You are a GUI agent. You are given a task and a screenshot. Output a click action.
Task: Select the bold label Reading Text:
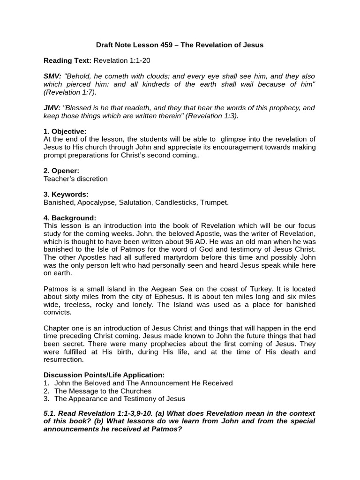(x=67, y=60)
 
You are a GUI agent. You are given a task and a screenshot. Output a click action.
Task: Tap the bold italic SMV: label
(x=52, y=76)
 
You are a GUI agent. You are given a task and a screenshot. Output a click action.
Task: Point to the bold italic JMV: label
(x=52, y=108)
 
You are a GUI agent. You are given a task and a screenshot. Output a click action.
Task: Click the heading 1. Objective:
(x=65, y=131)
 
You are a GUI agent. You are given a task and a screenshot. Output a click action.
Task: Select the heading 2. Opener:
(x=61, y=171)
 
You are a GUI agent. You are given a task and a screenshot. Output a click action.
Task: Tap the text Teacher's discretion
(x=75, y=179)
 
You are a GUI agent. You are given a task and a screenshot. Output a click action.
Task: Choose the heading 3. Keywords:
(x=66, y=194)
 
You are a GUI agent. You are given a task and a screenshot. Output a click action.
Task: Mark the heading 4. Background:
(x=70, y=218)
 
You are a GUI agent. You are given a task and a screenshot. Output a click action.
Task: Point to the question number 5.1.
(x=51, y=413)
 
